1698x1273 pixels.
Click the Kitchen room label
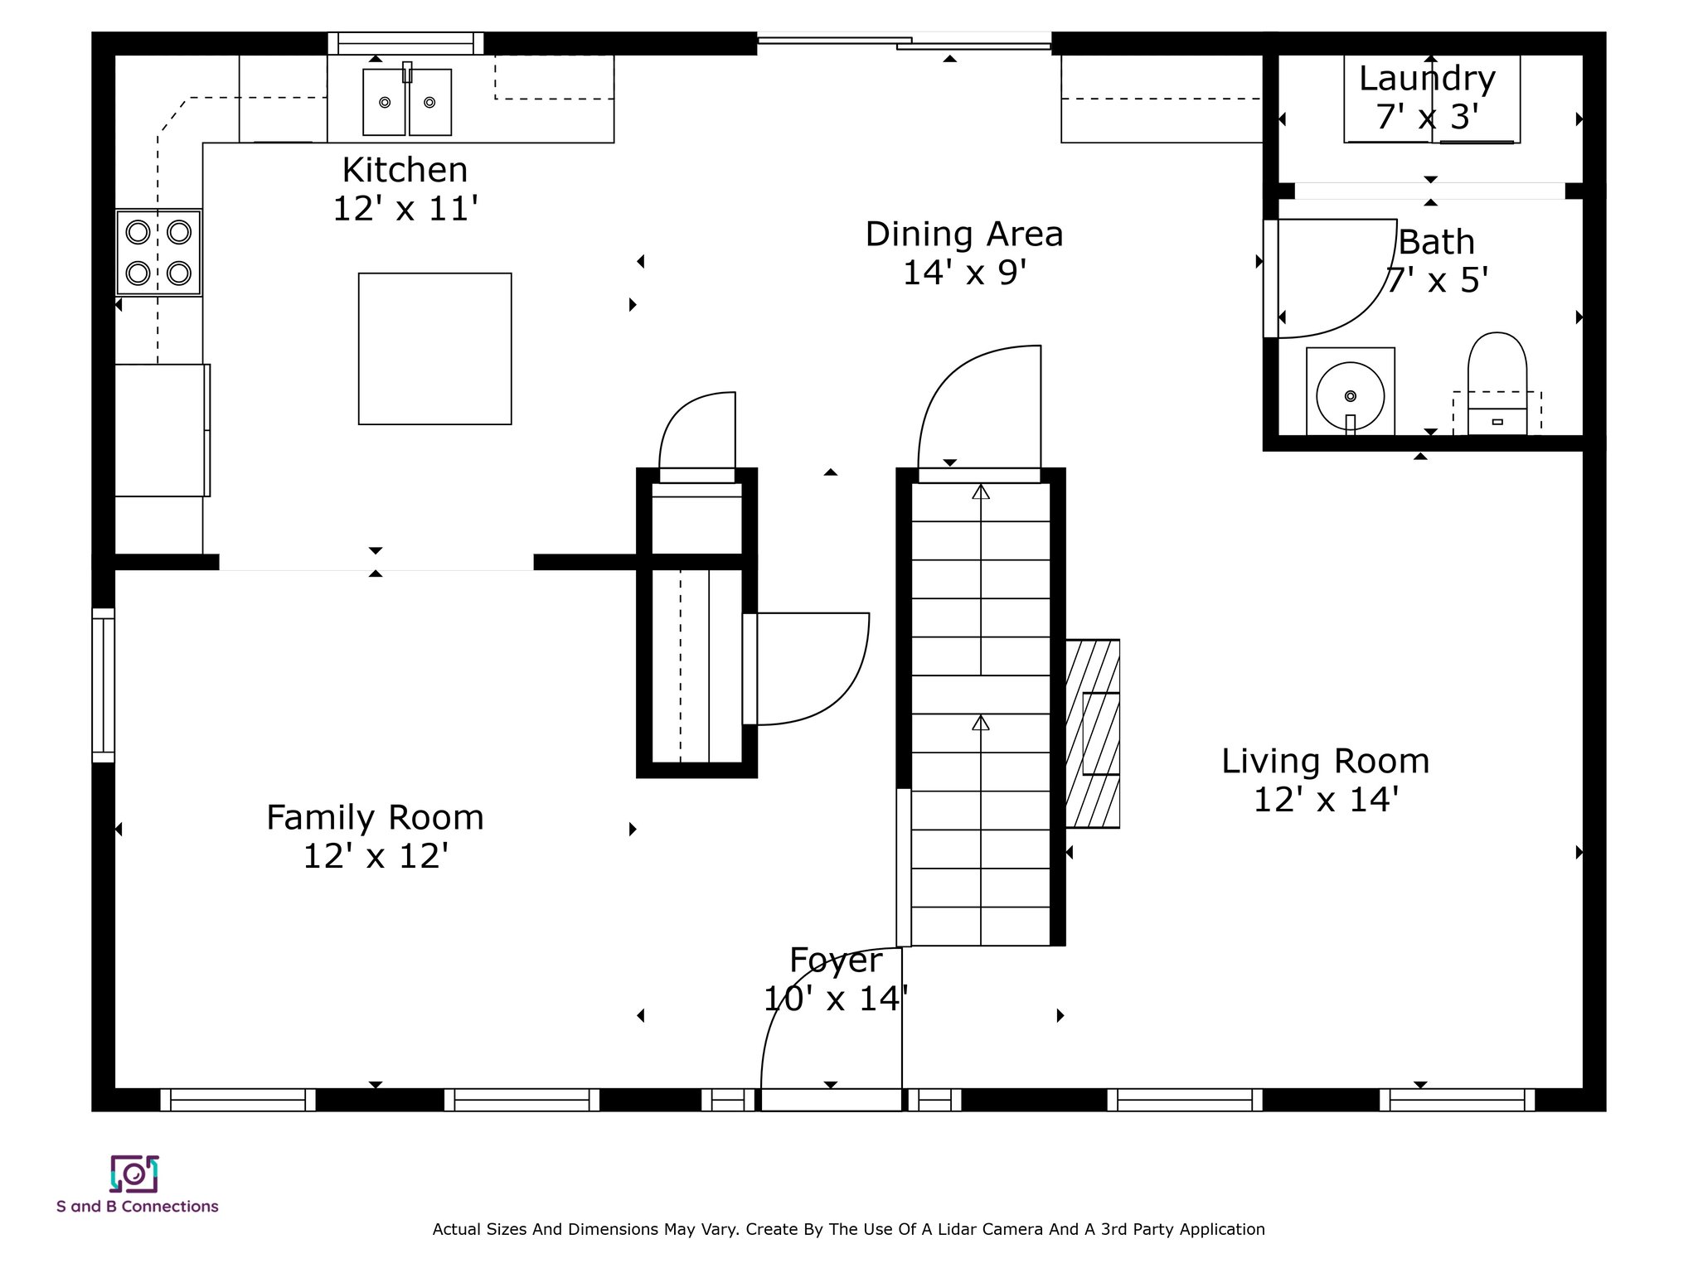point(405,170)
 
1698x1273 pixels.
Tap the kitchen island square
point(434,349)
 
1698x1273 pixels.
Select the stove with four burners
point(158,252)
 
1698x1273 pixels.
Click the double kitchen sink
point(407,102)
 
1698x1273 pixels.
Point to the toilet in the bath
point(1497,384)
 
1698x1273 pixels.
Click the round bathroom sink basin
point(1351,396)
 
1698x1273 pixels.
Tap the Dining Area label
point(964,235)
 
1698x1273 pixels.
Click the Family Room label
point(375,818)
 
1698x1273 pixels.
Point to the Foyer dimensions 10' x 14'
point(836,999)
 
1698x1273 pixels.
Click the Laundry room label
point(1427,79)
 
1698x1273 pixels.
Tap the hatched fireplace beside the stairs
point(1093,733)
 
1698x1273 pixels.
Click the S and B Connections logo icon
point(134,1174)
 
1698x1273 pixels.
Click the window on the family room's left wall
point(103,685)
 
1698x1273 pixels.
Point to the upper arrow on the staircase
point(981,580)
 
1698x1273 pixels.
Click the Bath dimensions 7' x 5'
point(1437,281)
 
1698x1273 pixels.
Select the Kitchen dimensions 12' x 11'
point(405,209)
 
